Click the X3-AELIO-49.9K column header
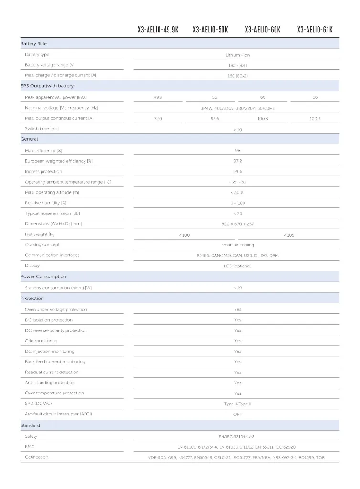click(x=158, y=30)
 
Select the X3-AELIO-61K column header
click(x=315, y=30)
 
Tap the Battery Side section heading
click(x=33, y=44)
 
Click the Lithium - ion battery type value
click(x=237, y=55)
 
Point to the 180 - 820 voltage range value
click(x=237, y=65)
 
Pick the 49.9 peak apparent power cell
click(x=158, y=97)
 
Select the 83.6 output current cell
click(x=214, y=118)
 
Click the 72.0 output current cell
click(x=158, y=118)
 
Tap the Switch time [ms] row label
click(x=42, y=129)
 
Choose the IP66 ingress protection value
click(x=237, y=171)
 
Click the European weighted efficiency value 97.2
click(x=237, y=161)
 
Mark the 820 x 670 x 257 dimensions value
click(x=237, y=224)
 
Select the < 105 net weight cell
click(x=289, y=235)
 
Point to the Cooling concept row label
click(x=42, y=244)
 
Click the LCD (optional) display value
click(x=237, y=266)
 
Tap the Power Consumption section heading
click(x=43, y=276)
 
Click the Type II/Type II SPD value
click(x=237, y=404)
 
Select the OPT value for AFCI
click(x=237, y=414)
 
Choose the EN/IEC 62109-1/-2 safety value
click(x=237, y=436)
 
